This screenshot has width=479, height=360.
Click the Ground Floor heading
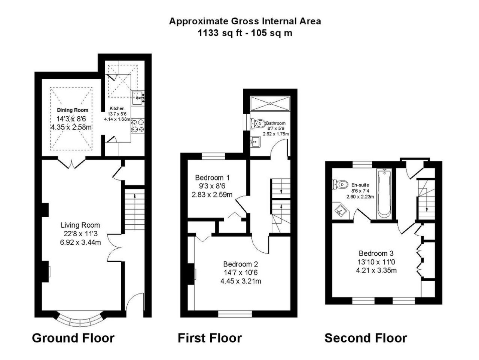(x=73, y=338)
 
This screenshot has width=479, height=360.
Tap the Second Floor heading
(x=366, y=338)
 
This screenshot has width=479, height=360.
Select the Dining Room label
(x=73, y=110)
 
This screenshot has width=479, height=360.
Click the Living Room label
(x=80, y=225)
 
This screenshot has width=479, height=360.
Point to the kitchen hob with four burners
(x=138, y=126)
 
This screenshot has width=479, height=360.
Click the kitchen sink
(x=138, y=98)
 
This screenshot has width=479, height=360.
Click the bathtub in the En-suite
(x=384, y=194)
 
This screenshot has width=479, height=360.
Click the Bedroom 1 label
(x=212, y=178)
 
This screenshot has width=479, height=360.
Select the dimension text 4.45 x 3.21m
(x=241, y=281)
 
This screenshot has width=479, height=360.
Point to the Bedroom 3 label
(x=376, y=253)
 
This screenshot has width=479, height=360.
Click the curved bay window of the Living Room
(x=80, y=320)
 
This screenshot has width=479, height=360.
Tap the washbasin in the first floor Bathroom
(x=255, y=142)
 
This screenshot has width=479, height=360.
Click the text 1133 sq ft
(x=220, y=33)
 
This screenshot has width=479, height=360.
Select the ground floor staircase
(x=134, y=209)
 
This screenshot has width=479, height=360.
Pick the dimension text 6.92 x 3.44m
(x=80, y=242)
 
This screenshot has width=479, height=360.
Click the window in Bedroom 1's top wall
(x=213, y=156)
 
